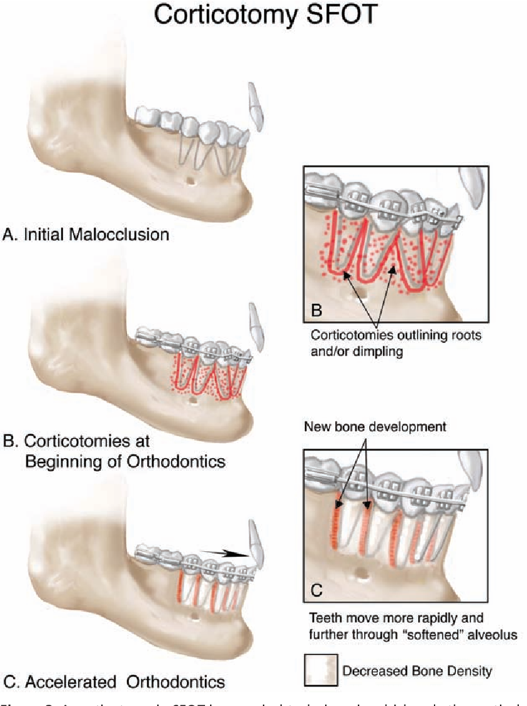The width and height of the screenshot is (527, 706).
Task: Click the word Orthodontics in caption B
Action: tap(175, 461)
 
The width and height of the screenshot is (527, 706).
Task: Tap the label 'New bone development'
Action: tap(375, 427)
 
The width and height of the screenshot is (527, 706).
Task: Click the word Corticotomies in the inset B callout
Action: tap(349, 335)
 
